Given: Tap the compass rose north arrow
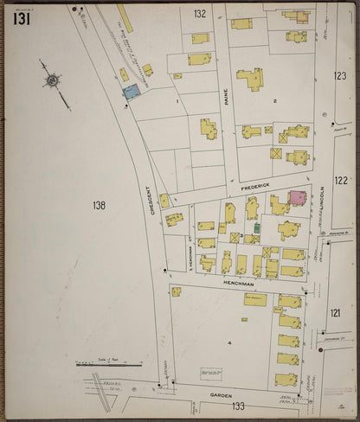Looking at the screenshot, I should coord(53,81).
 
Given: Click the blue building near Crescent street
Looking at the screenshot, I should coord(132,91).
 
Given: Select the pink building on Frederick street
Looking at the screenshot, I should coord(297,198).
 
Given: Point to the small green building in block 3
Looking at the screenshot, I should coord(257,228).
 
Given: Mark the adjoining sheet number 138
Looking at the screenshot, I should coord(100,205).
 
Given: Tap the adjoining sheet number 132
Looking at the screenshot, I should coord(200,13).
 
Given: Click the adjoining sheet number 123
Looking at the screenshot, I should coord(340,76).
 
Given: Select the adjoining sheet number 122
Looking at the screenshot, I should coord(340,180).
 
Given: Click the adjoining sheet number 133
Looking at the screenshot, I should coord(237,406).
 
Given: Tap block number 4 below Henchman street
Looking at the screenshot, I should coord(228,343).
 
